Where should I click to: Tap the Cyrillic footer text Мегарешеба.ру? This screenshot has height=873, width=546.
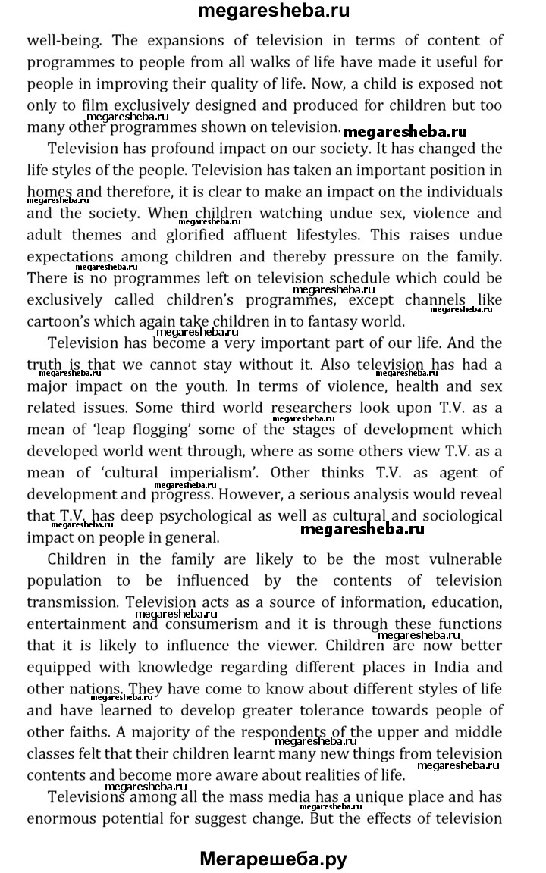(x=273, y=859)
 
